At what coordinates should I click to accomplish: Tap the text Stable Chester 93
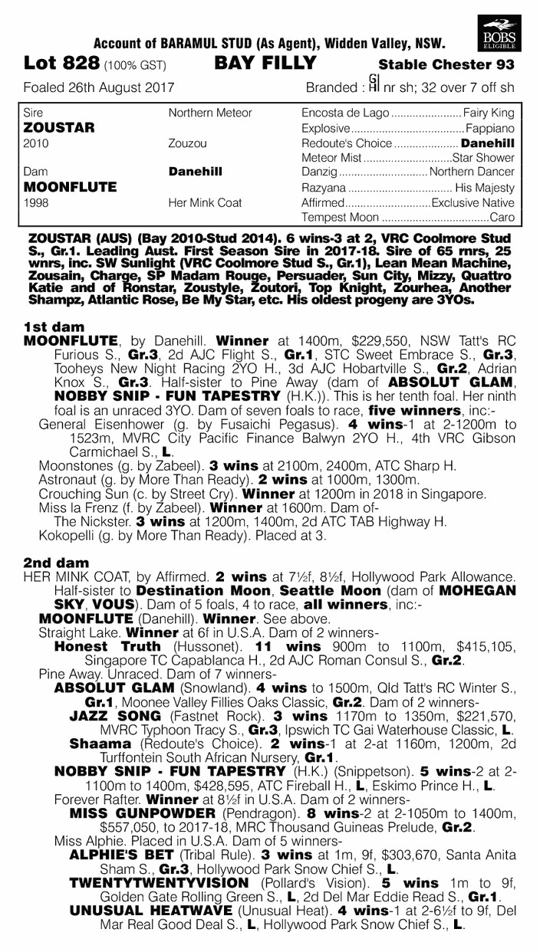point(446,65)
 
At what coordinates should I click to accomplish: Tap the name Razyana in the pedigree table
point(324,188)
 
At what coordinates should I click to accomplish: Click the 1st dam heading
point(49,326)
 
